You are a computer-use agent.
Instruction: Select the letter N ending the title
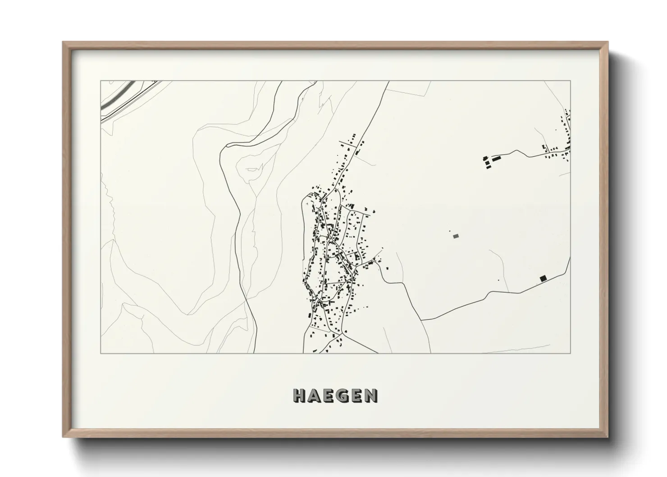coord(371,395)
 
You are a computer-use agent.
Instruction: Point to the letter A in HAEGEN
coord(315,395)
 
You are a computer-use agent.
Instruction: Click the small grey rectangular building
coord(456,235)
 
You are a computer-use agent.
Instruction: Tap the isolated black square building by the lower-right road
coord(543,278)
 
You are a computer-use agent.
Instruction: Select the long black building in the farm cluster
coord(496,158)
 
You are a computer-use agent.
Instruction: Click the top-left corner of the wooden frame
coord(63,42)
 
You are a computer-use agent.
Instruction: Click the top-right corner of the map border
coord(571,81)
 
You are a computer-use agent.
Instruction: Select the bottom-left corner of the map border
coord(101,353)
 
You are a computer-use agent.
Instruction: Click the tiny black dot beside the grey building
coord(450,232)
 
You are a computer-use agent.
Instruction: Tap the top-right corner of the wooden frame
coord(608,42)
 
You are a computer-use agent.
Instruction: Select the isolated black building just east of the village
coord(387,268)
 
